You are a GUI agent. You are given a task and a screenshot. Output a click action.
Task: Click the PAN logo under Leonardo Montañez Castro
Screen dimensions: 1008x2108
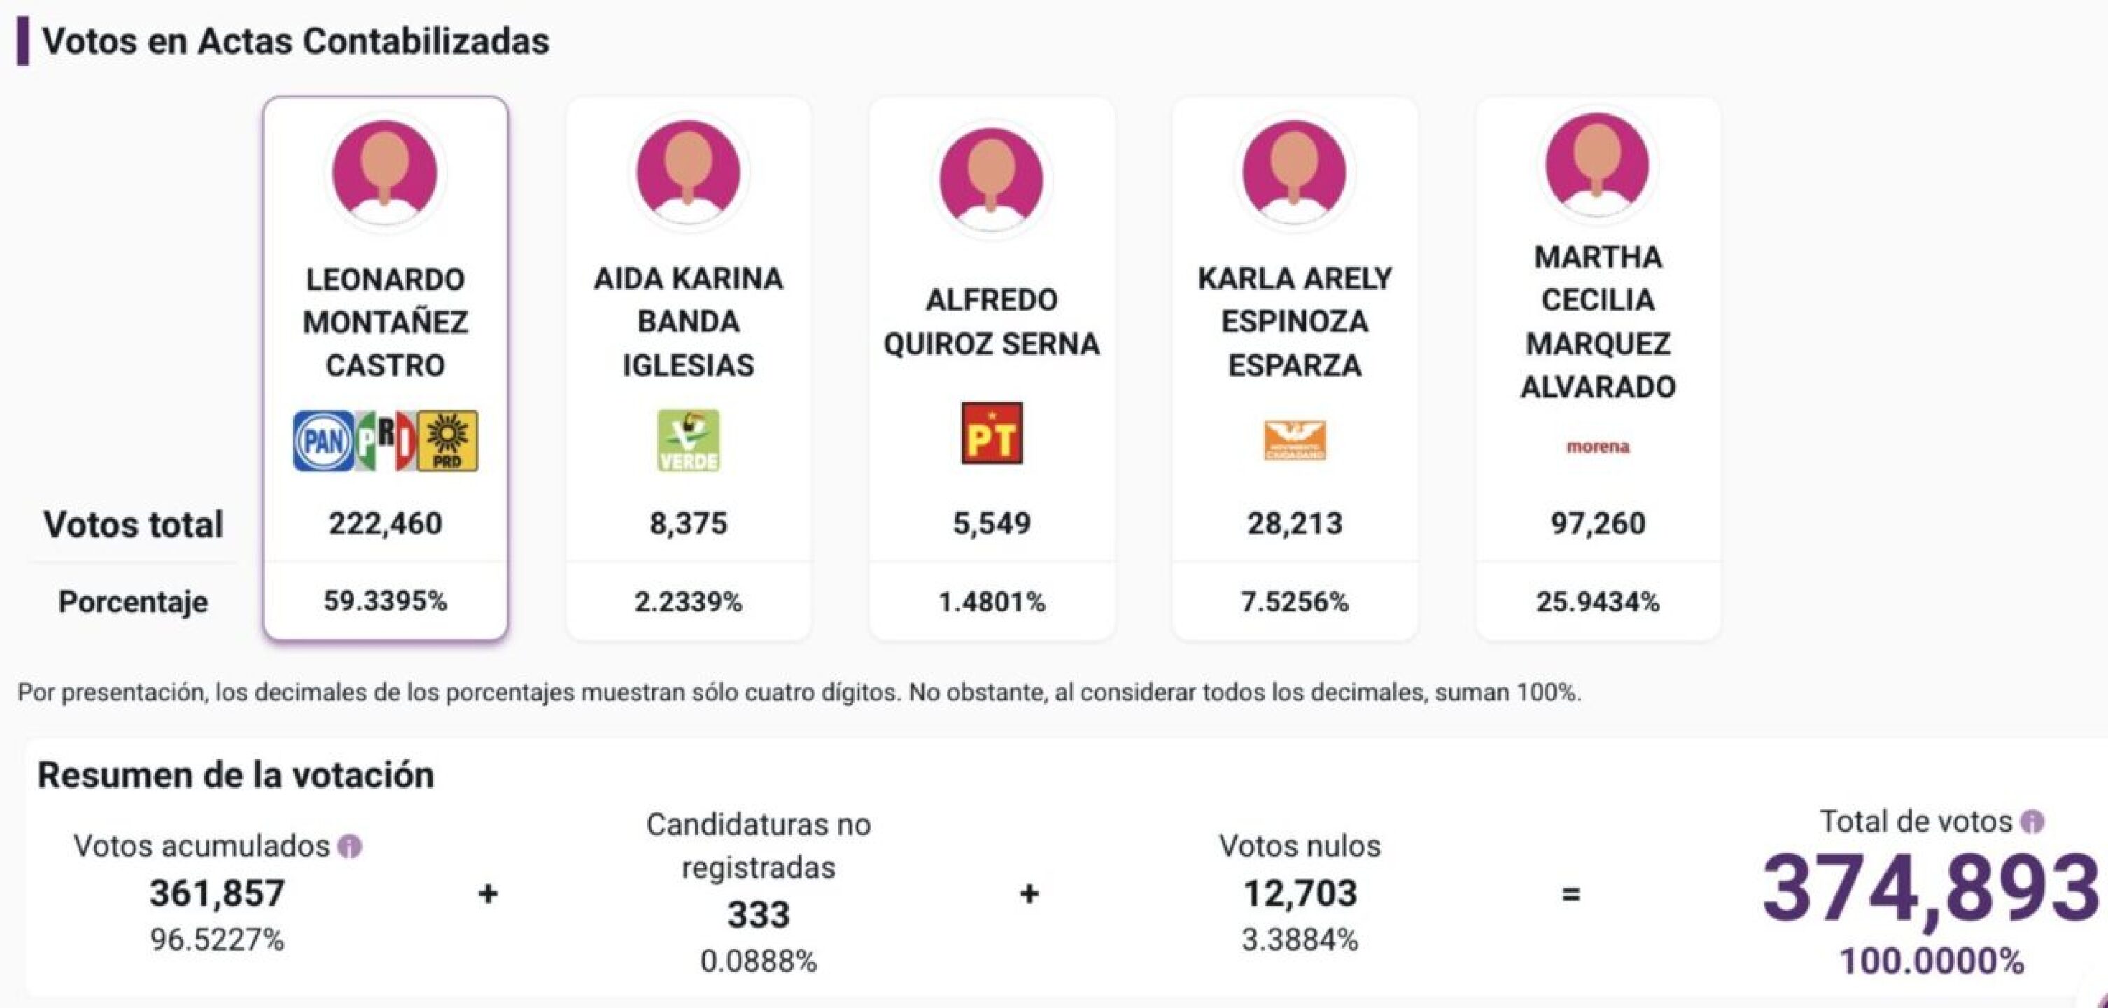323,442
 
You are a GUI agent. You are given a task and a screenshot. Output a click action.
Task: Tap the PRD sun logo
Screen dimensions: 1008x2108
448,441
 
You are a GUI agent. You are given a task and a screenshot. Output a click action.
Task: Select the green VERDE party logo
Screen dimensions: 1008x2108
688,441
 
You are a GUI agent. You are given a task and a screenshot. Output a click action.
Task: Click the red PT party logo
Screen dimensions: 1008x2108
992,433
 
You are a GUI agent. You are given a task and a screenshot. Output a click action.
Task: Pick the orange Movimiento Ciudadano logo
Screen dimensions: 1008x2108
1295,441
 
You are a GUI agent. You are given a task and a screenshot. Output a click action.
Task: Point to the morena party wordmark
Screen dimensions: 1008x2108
1597,447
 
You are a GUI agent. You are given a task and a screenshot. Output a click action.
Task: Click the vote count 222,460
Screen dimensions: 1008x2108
386,524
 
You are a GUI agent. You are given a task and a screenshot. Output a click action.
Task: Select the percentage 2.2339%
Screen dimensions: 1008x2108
688,602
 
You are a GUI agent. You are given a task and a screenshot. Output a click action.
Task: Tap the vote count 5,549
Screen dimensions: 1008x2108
992,524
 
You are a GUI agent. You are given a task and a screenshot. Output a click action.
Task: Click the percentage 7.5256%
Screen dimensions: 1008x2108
1295,602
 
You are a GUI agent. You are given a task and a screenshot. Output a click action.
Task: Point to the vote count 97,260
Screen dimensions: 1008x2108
1597,524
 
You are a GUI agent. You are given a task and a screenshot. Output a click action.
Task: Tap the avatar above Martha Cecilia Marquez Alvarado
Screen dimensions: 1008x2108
1597,165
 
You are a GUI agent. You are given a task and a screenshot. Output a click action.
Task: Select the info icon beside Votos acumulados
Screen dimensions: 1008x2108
350,847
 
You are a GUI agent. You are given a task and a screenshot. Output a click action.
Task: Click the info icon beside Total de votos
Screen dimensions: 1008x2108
2032,822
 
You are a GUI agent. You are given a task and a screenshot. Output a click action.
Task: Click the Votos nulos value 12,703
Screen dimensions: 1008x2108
1300,893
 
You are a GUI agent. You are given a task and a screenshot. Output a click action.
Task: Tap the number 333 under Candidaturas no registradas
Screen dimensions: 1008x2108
759,915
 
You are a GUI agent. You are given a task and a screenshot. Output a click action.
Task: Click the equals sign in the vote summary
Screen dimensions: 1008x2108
1571,895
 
